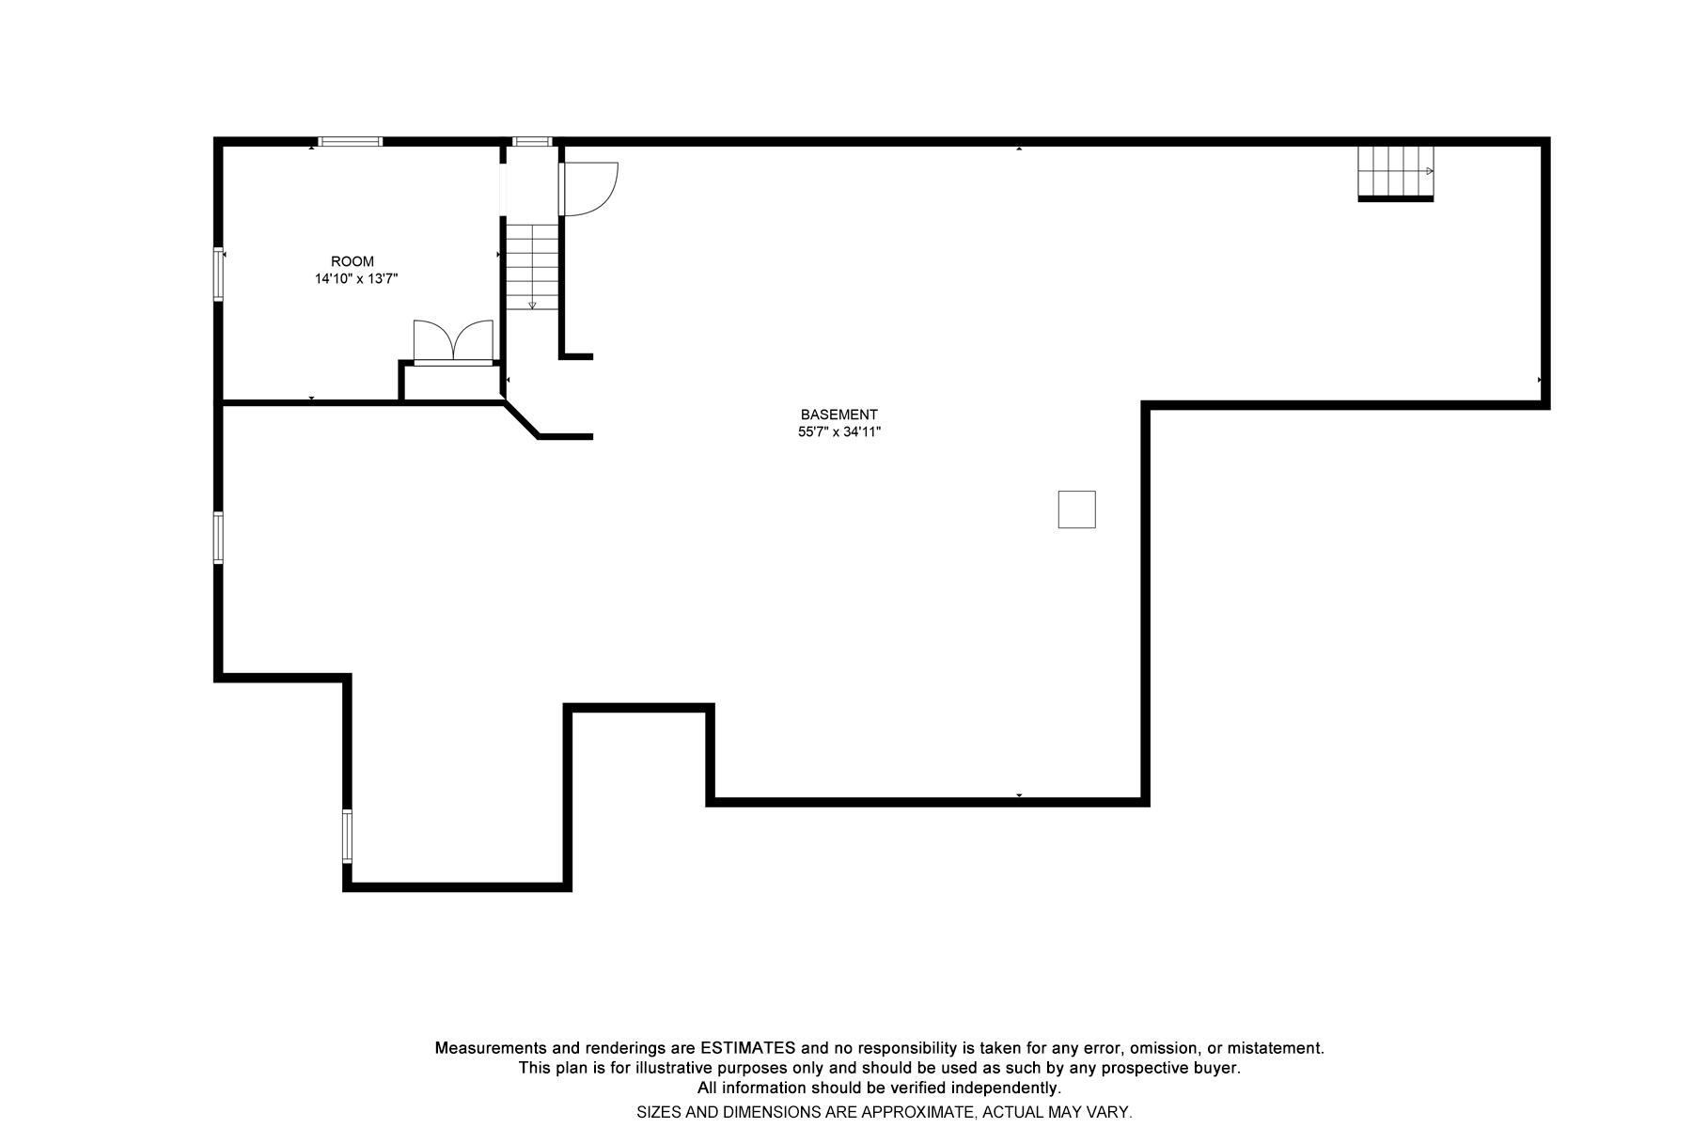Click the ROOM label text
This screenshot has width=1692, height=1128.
pos(352,261)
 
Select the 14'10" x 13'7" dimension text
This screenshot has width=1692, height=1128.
pos(356,279)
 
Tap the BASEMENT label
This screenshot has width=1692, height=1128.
pos(838,415)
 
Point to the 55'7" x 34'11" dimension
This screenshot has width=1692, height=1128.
pos(838,432)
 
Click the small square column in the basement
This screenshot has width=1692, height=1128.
pos(1076,509)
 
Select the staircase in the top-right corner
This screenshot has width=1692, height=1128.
pos(1395,172)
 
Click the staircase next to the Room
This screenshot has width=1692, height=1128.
pos(532,266)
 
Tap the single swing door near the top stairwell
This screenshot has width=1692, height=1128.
pos(587,189)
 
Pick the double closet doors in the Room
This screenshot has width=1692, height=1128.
pos(453,341)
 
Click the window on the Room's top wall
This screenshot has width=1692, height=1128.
pos(350,142)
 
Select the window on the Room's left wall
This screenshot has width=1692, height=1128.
pos(218,274)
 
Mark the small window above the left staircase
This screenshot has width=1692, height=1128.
pos(532,142)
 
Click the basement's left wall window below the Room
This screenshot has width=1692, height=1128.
pos(218,538)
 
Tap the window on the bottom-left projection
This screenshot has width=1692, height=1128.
pos(347,836)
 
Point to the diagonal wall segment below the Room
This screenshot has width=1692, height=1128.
pos(522,420)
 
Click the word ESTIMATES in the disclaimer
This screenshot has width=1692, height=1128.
pos(747,1048)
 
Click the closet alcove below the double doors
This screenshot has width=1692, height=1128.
pos(451,382)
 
